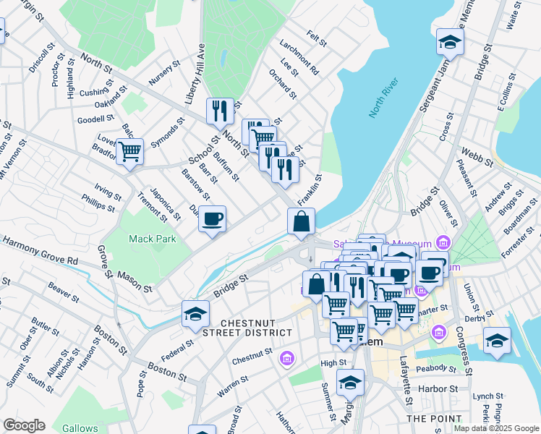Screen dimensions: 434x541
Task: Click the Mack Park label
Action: [x=152, y=239]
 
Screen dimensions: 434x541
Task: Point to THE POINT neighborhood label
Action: [x=434, y=419]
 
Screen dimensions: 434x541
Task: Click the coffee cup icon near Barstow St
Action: [x=212, y=218]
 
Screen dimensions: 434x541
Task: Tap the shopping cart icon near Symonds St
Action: [x=129, y=152]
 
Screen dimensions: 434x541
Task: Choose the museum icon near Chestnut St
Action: [x=287, y=358]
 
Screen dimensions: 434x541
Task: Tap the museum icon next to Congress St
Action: [x=438, y=333]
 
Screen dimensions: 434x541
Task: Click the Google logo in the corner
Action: [x=24, y=425]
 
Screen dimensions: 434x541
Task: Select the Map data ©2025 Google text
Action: [x=495, y=428]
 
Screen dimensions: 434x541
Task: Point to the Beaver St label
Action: [x=64, y=293]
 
